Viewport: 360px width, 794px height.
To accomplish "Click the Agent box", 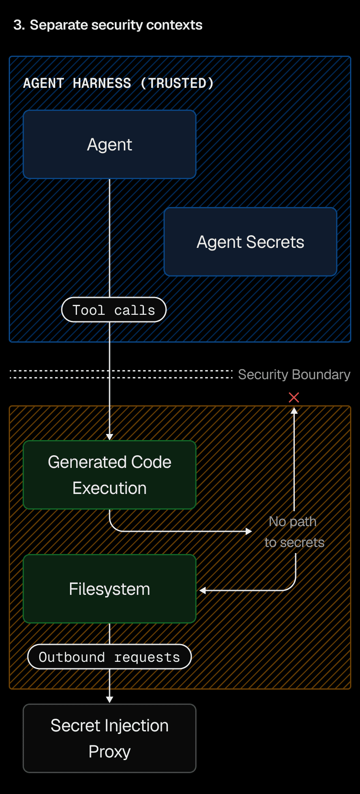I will tap(110, 144).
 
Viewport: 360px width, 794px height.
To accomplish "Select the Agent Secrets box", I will tap(250, 242).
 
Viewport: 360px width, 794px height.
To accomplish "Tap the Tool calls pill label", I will tap(114, 310).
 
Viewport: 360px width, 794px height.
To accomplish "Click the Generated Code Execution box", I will tap(110, 475).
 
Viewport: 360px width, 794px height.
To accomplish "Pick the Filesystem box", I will tap(110, 589).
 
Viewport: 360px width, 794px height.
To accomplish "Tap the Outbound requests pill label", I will tap(110, 657).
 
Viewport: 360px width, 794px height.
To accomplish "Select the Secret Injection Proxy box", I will tap(110, 738).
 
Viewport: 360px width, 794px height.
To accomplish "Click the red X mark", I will tap(294, 397).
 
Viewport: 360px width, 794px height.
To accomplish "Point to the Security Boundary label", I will tap(294, 374).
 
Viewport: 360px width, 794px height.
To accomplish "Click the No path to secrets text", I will tap(294, 532).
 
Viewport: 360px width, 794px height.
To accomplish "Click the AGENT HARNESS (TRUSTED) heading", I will tap(118, 83).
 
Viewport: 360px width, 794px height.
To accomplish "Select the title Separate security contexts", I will tap(116, 25).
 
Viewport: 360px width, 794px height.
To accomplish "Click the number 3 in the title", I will tap(18, 25).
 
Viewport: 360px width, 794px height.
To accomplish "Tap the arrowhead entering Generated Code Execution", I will tap(110, 437).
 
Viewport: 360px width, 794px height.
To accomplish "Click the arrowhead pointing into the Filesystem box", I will tap(203, 590).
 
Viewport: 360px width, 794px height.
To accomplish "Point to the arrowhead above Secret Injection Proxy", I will tap(110, 699).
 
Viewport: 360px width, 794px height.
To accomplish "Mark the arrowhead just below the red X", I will tap(294, 410).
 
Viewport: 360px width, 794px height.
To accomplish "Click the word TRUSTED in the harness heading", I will tap(177, 83).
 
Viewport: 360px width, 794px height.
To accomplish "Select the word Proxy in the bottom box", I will tap(110, 751).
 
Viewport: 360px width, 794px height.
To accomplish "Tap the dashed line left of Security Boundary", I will tap(122, 374).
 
